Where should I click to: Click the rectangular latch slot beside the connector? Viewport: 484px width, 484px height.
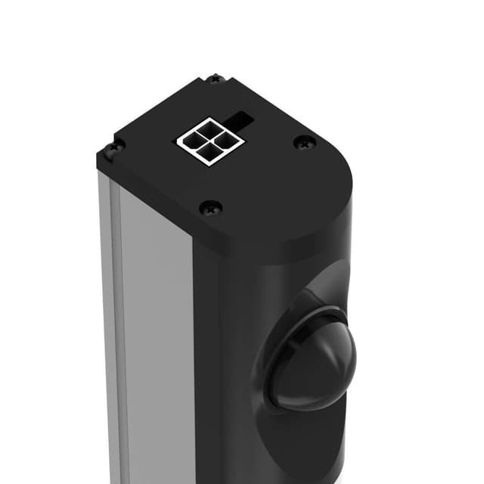coord(244,119)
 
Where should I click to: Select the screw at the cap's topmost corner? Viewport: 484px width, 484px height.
coord(215,79)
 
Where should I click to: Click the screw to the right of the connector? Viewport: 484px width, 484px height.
coord(304,141)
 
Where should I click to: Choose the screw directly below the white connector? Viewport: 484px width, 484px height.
coord(211,206)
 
